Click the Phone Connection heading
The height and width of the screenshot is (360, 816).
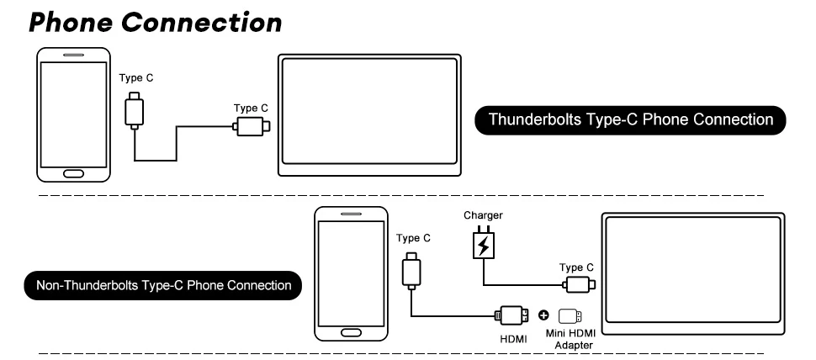pyautogui.click(x=155, y=23)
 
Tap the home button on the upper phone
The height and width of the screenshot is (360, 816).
pyautogui.click(x=73, y=173)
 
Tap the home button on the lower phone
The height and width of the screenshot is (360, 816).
pyautogui.click(x=351, y=332)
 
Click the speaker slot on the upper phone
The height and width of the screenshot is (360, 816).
pyautogui.click(x=73, y=55)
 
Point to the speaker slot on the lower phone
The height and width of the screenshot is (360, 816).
pyautogui.click(x=351, y=214)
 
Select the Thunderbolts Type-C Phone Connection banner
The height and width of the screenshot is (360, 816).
pyautogui.click(x=630, y=120)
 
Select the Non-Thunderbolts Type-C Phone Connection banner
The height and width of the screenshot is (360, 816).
pyautogui.click(x=163, y=286)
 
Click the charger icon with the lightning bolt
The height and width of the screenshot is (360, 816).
pyautogui.click(x=484, y=243)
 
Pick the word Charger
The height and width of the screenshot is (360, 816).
pyautogui.click(x=483, y=215)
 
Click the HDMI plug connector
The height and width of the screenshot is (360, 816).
pyautogui.click(x=511, y=315)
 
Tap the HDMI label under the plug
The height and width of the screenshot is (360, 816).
pyautogui.click(x=513, y=339)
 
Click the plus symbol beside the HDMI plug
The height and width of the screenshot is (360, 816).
pyautogui.click(x=543, y=315)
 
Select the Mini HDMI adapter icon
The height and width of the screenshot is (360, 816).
pyautogui.click(x=570, y=316)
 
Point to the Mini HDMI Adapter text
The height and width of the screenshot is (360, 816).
pyautogui.click(x=570, y=339)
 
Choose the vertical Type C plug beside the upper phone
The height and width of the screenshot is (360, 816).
pyautogui.click(x=135, y=110)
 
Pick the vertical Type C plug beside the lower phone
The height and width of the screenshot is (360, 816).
pyautogui.click(x=411, y=270)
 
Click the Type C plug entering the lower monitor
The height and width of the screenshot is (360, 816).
pyautogui.click(x=578, y=285)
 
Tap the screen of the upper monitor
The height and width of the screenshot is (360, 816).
pyautogui.click(x=369, y=111)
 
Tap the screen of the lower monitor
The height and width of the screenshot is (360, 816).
pyautogui.click(x=693, y=269)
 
